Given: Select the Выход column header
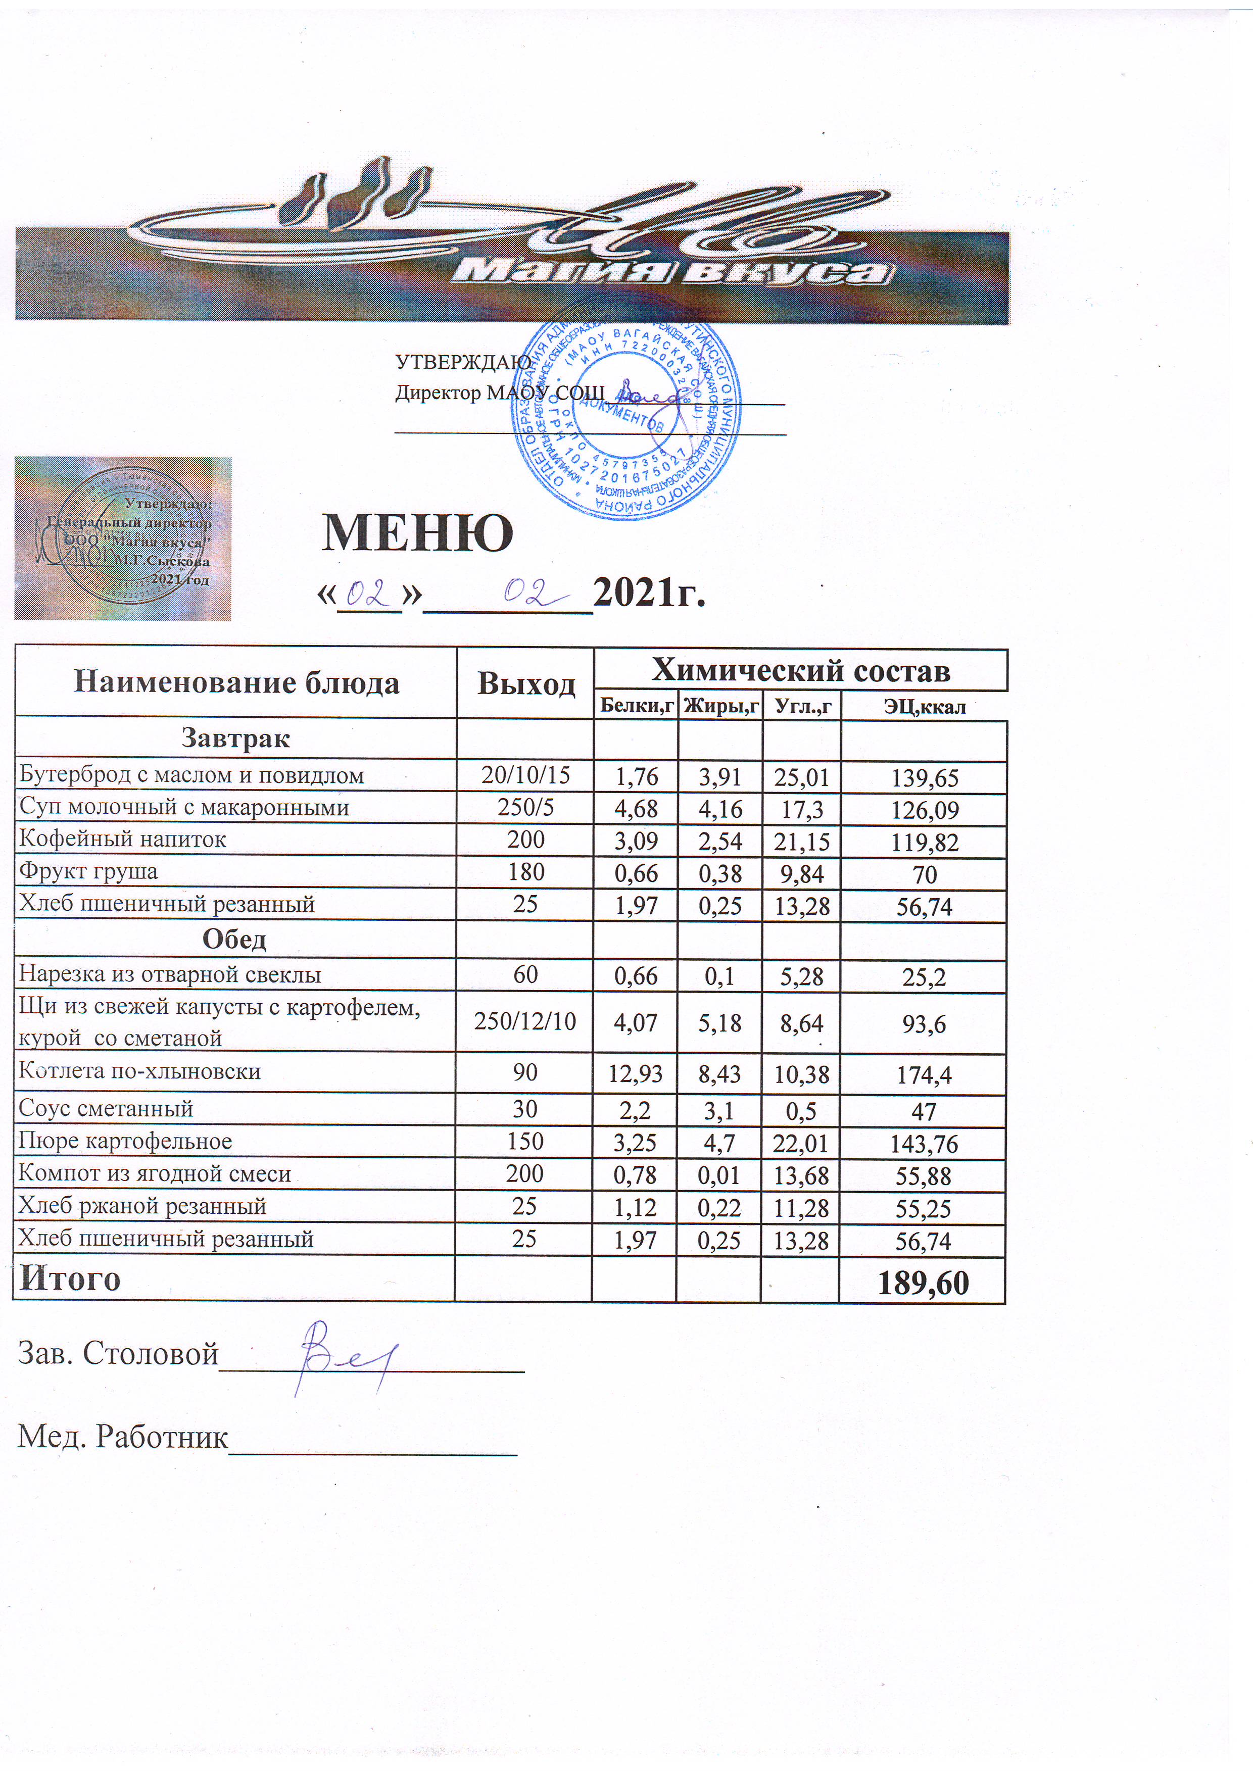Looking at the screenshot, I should click(526, 683).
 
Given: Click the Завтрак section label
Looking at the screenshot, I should click(235, 739).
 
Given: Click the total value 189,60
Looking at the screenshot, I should click(924, 1282).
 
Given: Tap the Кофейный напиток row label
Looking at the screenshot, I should click(123, 839).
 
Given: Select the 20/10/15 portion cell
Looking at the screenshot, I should click(526, 775).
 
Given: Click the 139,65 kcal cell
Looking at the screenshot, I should click(924, 778).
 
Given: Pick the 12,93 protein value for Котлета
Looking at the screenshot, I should click(635, 1073).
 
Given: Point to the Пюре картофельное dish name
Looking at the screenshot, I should click(125, 1141).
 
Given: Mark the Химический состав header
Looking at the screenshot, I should click(801, 670).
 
